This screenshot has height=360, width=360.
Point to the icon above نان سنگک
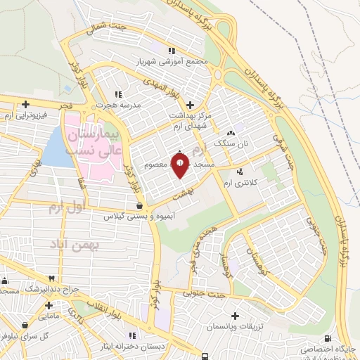[231, 132]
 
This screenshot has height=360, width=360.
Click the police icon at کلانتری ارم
[242, 172]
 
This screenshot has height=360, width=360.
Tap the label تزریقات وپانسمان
[240, 327]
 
